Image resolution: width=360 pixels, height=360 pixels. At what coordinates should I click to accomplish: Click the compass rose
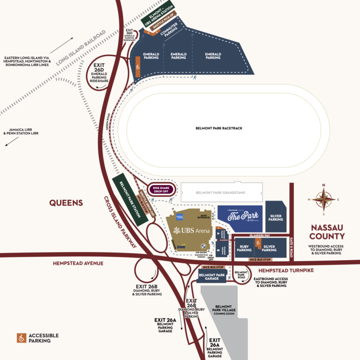[x=323, y=199]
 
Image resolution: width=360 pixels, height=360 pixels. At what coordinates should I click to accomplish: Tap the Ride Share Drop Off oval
[x=161, y=190]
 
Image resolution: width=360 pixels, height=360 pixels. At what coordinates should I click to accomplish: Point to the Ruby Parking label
[x=244, y=248]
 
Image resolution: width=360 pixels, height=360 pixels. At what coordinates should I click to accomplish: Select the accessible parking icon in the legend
[x=22, y=338]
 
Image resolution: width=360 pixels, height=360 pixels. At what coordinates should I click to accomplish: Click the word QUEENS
[x=67, y=203]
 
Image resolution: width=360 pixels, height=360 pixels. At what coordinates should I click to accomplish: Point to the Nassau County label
[x=327, y=232]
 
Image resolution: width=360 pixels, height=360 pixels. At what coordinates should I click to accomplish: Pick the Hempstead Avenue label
[x=79, y=263]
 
